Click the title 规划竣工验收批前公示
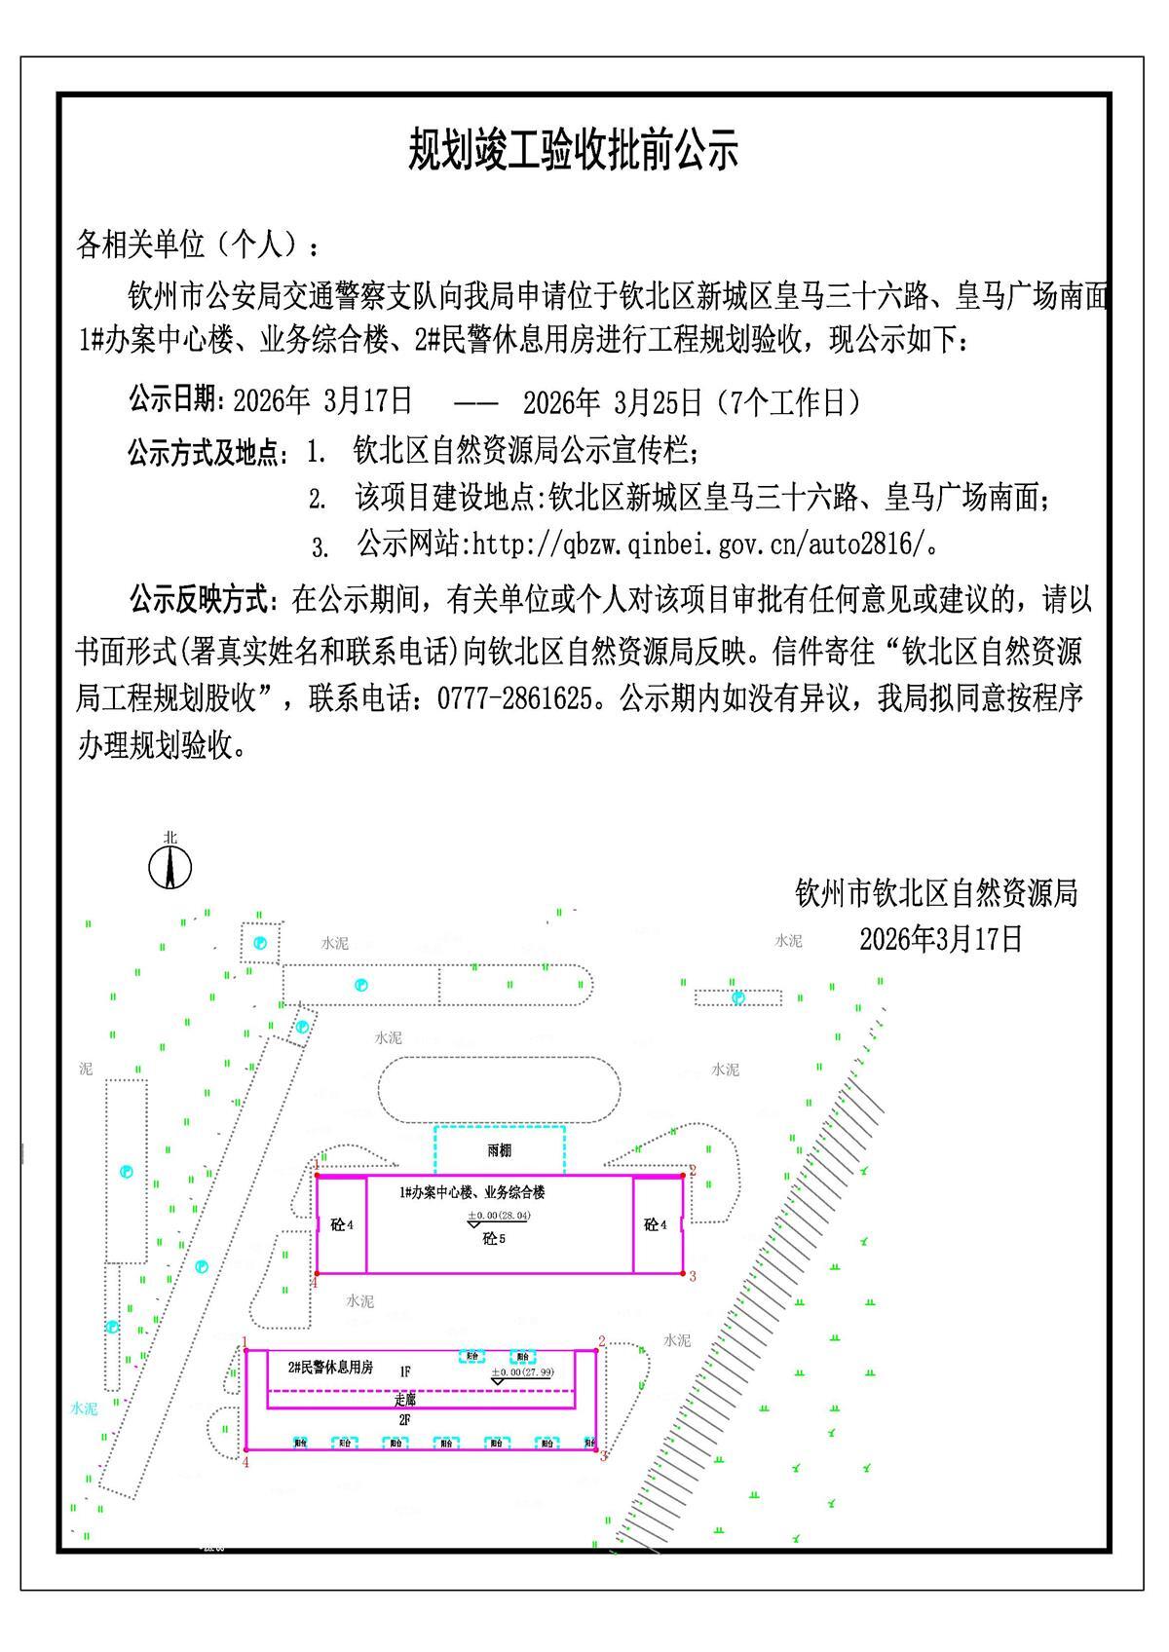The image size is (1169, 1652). [x=573, y=150]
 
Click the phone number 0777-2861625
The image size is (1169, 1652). [x=515, y=698]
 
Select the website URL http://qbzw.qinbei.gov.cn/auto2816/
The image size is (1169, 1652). [x=697, y=544]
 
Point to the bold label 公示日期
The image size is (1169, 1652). [x=175, y=400]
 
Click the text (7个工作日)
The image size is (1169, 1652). [x=787, y=400]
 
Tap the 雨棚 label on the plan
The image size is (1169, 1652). [x=499, y=1151]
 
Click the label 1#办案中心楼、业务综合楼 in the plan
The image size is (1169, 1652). [x=471, y=1192]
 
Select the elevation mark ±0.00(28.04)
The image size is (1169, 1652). [x=499, y=1216]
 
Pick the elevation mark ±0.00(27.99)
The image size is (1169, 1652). [x=522, y=1372]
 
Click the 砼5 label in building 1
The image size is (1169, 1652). [x=494, y=1240]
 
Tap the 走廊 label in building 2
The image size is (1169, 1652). [x=404, y=1399]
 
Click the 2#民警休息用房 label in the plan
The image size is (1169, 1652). [x=330, y=1368]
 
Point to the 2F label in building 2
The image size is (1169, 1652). [x=404, y=1420]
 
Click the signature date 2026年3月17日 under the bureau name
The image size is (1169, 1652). [x=940, y=938]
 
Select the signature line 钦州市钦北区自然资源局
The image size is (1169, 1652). [x=936, y=891]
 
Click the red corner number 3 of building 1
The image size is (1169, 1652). [x=693, y=1276]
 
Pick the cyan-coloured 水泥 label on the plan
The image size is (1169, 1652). [x=84, y=1408]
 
